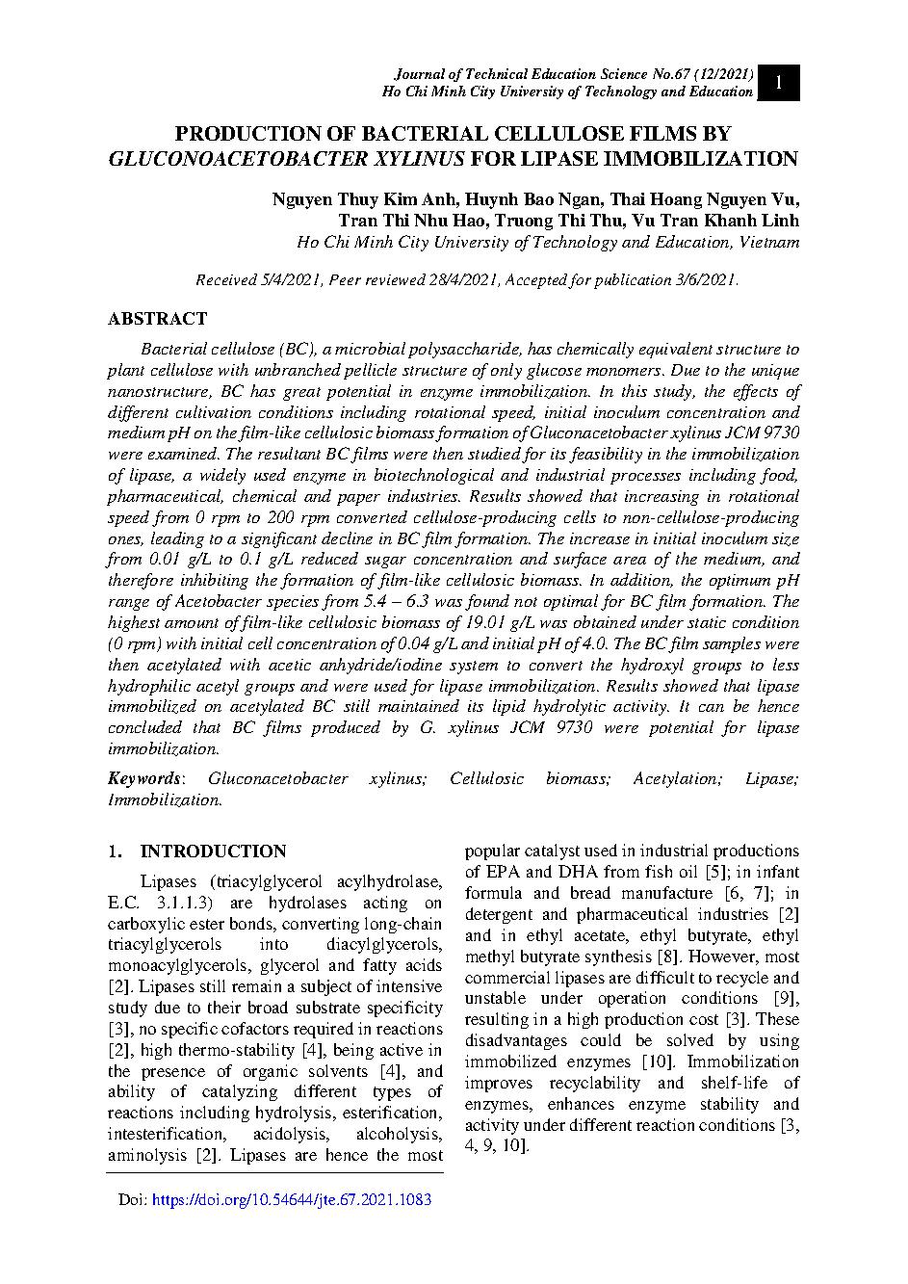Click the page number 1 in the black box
click(779, 83)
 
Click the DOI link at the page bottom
click(292, 1200)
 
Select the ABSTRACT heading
click(157, 319)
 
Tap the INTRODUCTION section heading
click(213, 852)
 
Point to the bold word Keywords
click(143, 778)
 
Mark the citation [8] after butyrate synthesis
click(666, 956)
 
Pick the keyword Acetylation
click(677, 778)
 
